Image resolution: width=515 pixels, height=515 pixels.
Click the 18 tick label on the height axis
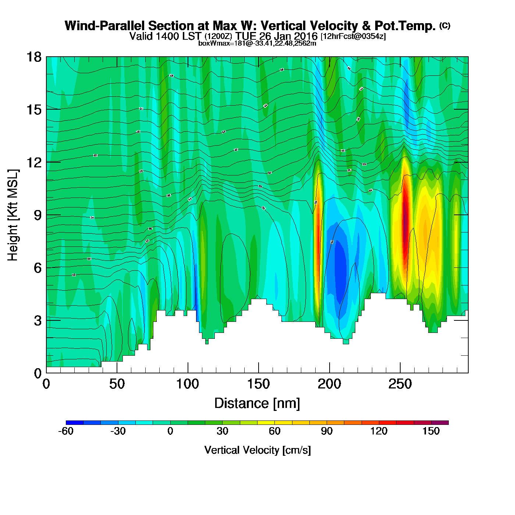pos(33,57)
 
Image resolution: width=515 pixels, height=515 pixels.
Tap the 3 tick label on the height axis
pos(38,321)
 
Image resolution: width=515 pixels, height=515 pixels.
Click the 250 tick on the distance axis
pos(400,373)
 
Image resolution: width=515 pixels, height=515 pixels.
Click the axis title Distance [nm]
pos(257,404)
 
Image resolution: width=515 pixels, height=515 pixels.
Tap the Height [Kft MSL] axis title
pos(13,215)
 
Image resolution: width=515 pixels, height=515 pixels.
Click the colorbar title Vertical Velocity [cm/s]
pos(257,450)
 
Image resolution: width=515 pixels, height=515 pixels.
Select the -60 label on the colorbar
pos(66,431)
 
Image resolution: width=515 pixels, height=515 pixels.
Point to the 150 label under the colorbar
pos(431,431)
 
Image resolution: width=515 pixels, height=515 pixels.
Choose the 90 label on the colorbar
pos(327,431)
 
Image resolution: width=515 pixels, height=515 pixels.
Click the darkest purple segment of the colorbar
pos(440,423)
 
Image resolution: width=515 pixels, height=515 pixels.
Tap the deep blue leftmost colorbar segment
pos(75,423)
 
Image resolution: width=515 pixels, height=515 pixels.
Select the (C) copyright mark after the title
pos(445,25)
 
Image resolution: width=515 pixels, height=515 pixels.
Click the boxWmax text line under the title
pos(257,43)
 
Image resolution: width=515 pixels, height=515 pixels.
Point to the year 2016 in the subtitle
pos(304,36)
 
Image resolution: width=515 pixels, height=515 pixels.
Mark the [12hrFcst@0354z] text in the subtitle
pos(353,36)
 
